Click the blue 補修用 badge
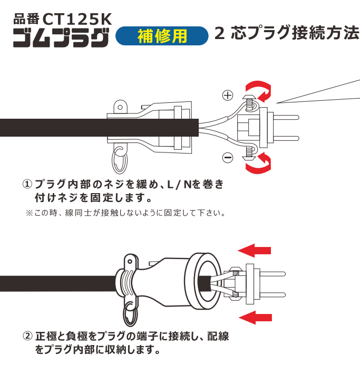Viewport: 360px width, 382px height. click(x=162, y=36)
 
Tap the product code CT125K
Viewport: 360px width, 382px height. click(x=77, y=19)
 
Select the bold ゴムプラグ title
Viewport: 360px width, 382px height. click(x=61, y=38)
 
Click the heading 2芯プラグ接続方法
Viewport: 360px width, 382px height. click(x=287, y=33)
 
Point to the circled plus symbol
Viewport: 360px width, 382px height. click(x=228, y=96)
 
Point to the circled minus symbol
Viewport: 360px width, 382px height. click(x=228, y=157)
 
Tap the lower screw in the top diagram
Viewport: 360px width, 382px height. click(x=249, y=153)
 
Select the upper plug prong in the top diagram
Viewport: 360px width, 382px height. click(x=286, y=118)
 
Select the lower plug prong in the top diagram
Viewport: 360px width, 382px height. click(x=286, y=139)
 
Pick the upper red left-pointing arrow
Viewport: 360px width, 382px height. click(x=255, y=251)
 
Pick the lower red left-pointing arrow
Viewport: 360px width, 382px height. click(x=256, y=318)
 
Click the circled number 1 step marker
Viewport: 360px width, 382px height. click(x=27, y=184)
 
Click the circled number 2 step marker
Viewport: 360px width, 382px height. click(x=27, y=336)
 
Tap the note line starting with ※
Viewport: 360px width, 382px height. click(x=125, y=213)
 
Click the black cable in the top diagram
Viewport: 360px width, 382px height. click(x=99, y=128)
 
